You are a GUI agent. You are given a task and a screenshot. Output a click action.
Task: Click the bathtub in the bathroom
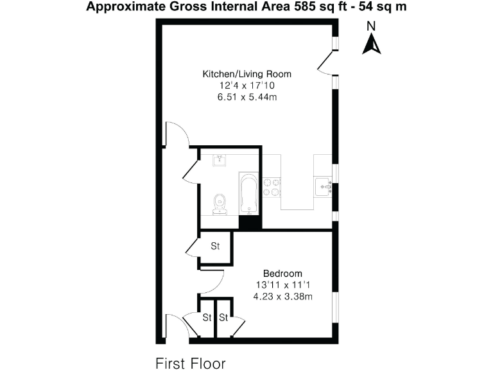coord(249,193)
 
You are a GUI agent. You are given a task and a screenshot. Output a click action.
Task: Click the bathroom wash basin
coord(221,159)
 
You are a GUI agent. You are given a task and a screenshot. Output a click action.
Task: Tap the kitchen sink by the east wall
coord(322,186)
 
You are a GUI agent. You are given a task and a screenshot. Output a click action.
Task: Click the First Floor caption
coord(191,364)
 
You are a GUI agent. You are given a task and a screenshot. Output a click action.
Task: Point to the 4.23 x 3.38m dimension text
coord(282,296)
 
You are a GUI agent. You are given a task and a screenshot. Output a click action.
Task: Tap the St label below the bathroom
coord(216,246)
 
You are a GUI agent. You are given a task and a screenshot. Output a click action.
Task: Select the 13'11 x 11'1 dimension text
coord(282,285)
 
